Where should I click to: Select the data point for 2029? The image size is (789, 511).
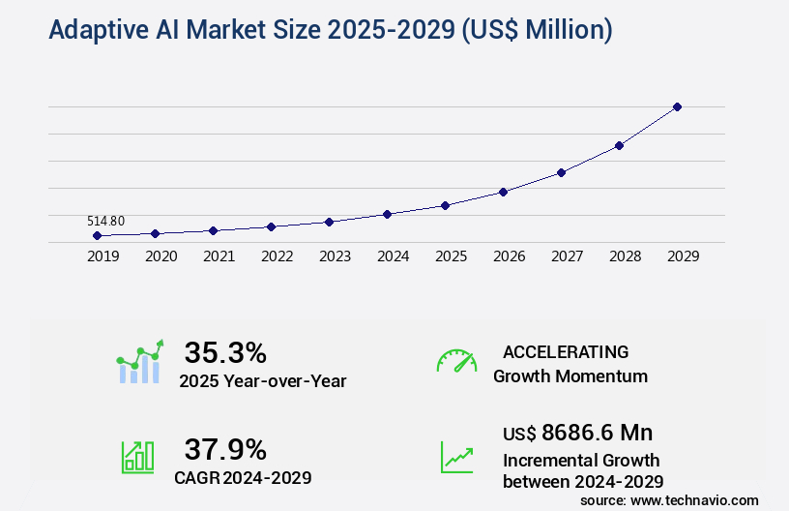[x=677, y=106]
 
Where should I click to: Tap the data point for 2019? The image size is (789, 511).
[x=97, y=235]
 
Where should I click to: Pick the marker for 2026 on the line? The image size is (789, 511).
[x=503, y=192]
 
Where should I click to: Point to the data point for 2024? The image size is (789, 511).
[x=387, y=214]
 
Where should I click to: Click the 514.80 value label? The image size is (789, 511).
[x=105, y=221]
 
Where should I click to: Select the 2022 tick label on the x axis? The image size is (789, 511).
[x=277, y=256]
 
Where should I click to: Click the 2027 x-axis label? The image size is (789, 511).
[x=567, y=256]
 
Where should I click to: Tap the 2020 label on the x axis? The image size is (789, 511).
[x=161, y=256]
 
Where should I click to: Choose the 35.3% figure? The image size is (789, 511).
[x=225, y=352]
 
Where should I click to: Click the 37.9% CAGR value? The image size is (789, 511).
[x=225, y=449]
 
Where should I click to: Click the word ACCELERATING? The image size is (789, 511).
[x=566, y=351]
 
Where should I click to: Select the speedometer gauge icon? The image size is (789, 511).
[x=456, y=361]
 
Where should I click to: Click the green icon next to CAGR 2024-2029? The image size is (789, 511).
[x=137, y=456]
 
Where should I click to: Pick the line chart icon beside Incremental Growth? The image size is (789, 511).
[x=456, y=457]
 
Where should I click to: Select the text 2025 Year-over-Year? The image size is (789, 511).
[x=262, y=380]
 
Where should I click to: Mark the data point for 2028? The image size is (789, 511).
[x=619, y=145]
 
